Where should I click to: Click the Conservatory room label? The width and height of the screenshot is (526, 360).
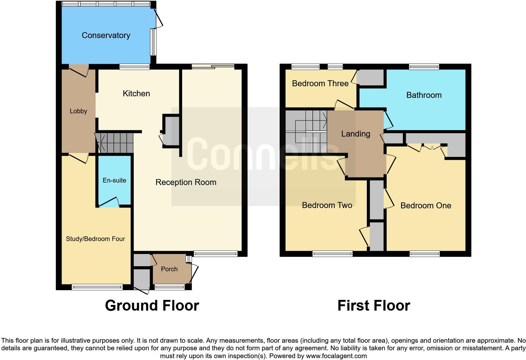[106, 35]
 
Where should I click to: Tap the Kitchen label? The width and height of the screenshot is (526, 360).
[136, 93]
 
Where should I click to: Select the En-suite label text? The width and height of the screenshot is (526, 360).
[114, 180]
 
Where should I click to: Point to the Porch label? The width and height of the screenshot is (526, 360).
[169, 269]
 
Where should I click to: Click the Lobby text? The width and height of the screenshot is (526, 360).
[78, 111]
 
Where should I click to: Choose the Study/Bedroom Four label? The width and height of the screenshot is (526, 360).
[95, 239]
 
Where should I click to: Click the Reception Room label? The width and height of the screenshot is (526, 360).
[186, 182]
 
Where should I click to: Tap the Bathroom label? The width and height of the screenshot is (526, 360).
[424, 95]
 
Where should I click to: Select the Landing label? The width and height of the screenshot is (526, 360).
[355, 134]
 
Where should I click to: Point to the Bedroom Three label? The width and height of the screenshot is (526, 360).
[320, 83]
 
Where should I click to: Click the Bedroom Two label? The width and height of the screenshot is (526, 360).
[327, 205]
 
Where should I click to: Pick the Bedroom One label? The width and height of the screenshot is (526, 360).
[426, 205]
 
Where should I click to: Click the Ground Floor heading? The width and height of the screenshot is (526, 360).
[152, 306]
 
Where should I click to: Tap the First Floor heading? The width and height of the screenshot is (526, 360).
[374, 306]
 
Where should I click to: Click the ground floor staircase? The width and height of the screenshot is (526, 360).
[115, 143]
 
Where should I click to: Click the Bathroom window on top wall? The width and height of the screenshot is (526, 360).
[424, 66]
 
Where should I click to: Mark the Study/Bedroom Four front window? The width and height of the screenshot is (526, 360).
[97, 287]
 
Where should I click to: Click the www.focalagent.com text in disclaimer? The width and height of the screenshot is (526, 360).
[336, 356]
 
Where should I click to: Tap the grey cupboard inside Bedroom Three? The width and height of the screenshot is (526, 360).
[371, 77]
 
